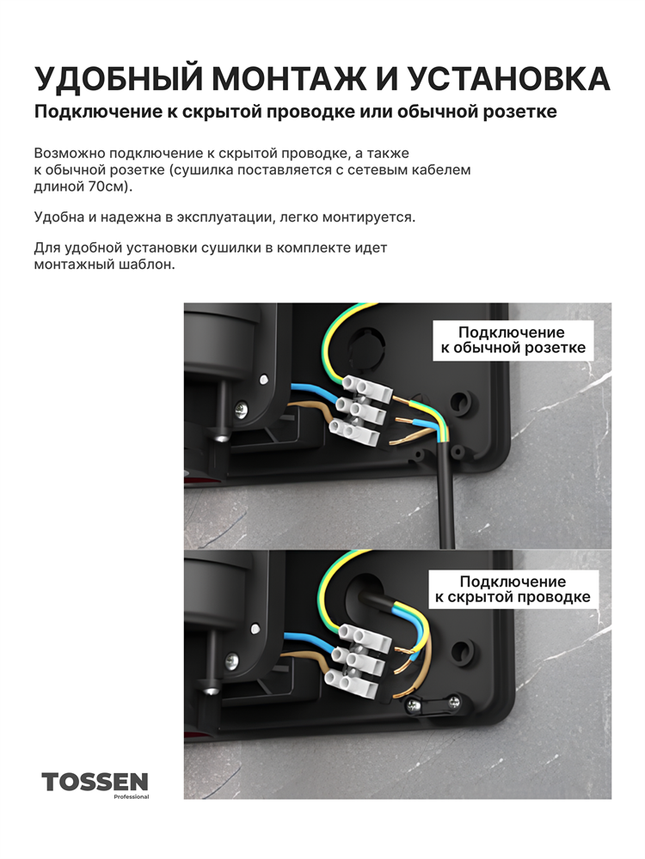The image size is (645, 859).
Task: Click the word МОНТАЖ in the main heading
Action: tap(288, 78)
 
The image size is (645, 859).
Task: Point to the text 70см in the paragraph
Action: tap(105, 186)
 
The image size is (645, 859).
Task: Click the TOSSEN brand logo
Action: tap(95, 781)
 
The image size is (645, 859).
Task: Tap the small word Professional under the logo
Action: tap(131, 796)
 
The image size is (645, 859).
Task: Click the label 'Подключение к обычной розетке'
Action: tap(513, 340)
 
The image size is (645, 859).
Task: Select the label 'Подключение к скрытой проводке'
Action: tap(513, 589)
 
